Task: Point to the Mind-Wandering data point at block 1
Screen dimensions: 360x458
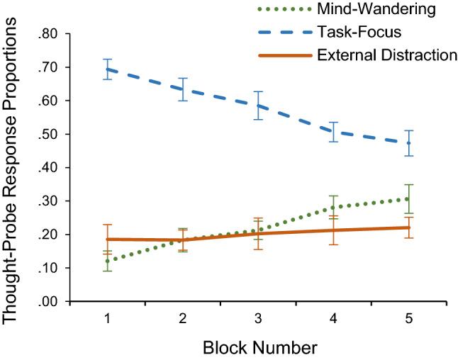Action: point(107,261)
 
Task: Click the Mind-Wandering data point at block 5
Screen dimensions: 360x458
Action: point(408,199)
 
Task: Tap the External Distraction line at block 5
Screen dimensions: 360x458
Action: point(408,227)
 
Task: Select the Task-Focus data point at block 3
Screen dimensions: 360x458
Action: point(257,106)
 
